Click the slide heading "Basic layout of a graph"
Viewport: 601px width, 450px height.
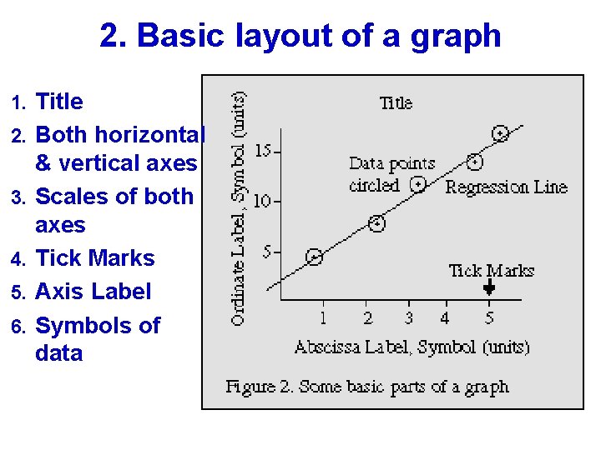click(300, 36)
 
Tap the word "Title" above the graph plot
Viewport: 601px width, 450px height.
click(396, 103)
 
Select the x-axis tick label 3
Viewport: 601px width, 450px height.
click(408, 317)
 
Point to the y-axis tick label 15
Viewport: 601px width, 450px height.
click(263, 151)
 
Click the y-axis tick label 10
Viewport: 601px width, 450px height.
click(263, 201)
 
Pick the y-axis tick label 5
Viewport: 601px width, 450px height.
click(267, 251)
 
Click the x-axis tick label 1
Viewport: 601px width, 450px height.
click(323, 317)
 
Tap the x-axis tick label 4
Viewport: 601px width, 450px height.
click(445, 317)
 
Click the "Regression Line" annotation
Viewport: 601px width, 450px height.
click(506, 187)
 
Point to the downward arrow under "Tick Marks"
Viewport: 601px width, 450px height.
click(489, 287)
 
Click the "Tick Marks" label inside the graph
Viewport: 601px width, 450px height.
click(491, 270)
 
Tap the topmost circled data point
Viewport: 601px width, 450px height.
click(500, 133)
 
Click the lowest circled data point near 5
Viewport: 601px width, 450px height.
click(315, 257)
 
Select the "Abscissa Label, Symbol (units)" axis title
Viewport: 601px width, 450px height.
click(412, 347)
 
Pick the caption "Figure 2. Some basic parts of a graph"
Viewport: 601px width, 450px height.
click(367, 387)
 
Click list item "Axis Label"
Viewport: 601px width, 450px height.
click(93, 292)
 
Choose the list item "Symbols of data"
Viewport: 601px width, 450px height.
click(98, 338)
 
